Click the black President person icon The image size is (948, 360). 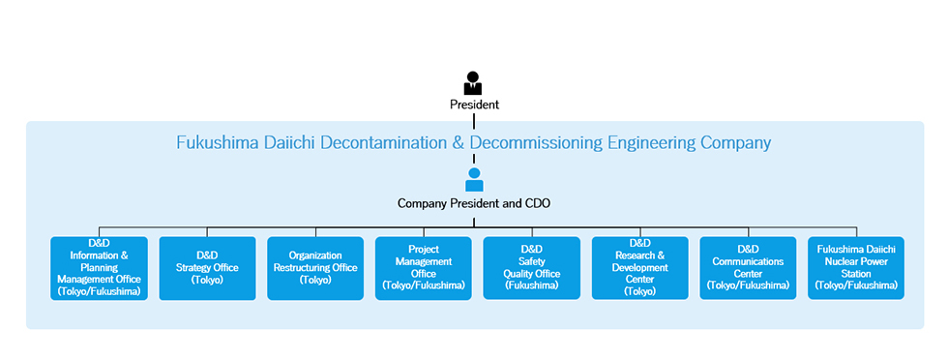pos(473,83)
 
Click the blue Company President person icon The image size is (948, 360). pos(473,179)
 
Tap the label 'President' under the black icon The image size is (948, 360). pos(474,105)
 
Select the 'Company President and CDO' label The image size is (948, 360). pos(474,203)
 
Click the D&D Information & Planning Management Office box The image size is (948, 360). pos(99,267)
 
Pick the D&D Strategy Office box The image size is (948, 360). pos(207,267)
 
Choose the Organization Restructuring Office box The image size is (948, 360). pos(315,267)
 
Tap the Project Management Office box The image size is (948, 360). pos(424,267)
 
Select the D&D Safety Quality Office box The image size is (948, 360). pos(532,267)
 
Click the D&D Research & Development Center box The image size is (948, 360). pos(640,267)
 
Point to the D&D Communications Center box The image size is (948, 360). pos(748,267)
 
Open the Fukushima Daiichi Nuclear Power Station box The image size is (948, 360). pos(856,267)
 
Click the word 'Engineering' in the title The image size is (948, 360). pos(653,143)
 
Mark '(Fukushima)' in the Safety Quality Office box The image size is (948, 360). pos(532,285)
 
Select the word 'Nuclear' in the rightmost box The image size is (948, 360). pos(835,261)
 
